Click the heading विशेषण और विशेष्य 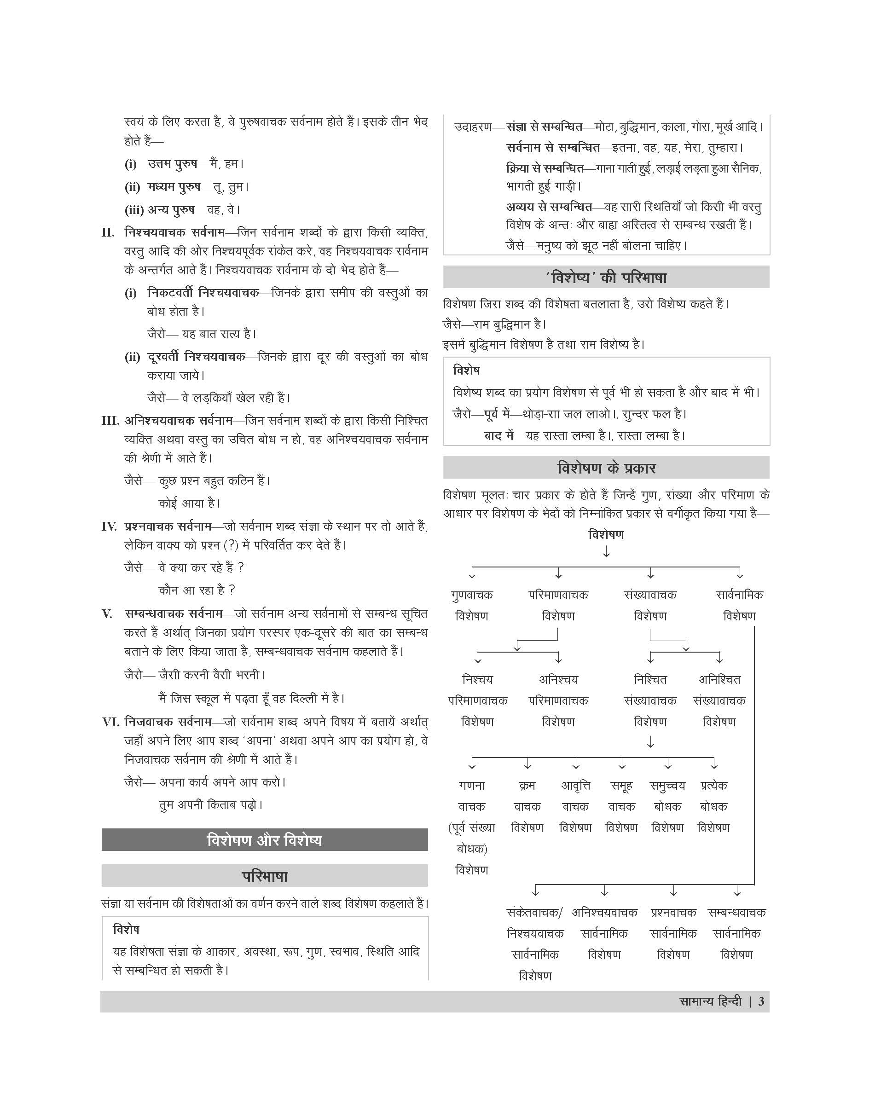[264, 841]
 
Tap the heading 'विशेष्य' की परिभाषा [606, 278]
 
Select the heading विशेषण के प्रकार [606, 468]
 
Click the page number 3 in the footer [761, 1001]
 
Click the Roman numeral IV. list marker [110, 526]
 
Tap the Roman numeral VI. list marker [110, 722]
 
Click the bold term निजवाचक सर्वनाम [168, 722]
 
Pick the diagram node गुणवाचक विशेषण [472, 605]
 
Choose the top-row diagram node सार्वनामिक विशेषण [739, 605]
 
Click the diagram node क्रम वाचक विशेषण [527, 806]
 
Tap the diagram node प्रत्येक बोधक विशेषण [713, 806]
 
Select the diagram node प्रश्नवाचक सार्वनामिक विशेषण [673, 933]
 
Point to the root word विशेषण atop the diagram [606, 535]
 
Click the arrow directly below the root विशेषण [606, 552]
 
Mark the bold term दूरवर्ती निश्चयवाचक [196, 357]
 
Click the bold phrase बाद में [498, 435]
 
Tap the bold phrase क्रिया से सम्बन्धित [545, 168]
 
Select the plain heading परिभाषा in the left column [264, 877]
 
